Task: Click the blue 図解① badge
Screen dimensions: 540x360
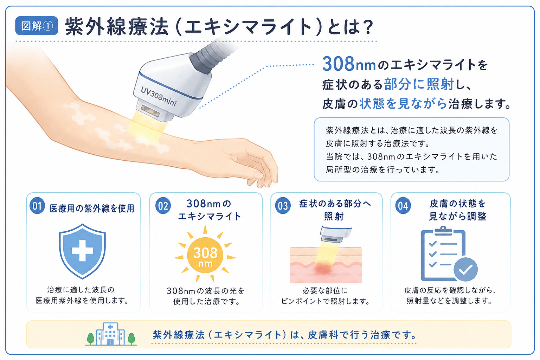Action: (x=37, y=26)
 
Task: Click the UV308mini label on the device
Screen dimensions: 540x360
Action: (x=159, y=96)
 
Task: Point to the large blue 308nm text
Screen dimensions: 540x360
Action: (x=349, y=64)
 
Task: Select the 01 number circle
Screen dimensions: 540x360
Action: (x=37, y=206)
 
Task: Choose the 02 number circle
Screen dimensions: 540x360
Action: (x=163, y=206)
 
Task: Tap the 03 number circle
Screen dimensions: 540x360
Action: (x=283, y=206)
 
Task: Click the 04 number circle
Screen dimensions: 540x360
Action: (x=403, y=206)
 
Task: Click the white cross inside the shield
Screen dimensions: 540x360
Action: (x=83, y=251)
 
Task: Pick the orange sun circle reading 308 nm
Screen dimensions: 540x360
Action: (x=205, y=255)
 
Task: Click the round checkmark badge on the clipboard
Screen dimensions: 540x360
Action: (x=465, y=269)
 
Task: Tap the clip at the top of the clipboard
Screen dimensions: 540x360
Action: (x=443, y=231)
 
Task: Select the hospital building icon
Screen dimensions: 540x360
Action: (x=110, y=334)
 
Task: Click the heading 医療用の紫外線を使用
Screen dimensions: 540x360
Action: (x=92, y=208)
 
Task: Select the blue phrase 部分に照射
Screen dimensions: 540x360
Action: (x=419, y=84)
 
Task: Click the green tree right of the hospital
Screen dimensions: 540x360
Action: (x=131, y=338)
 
